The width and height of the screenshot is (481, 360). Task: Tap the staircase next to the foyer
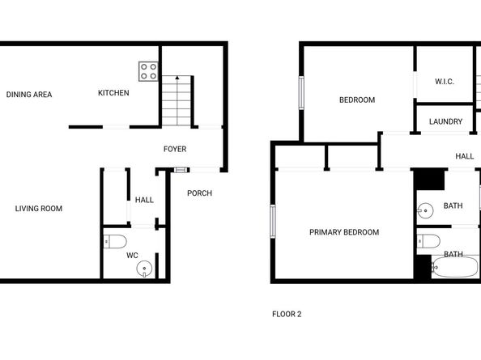[176, 101]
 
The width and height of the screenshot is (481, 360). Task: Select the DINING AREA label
[29, 95]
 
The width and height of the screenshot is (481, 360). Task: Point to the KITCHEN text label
[113, 93]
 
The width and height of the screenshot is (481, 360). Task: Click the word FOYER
[175, 150]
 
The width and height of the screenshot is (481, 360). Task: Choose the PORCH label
[199, 193]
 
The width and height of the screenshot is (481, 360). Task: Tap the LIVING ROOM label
[39, 209]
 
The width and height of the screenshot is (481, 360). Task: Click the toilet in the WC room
[115, 240]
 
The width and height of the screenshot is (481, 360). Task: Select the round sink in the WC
[145, 269]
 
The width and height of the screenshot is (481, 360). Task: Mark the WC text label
[132, 256]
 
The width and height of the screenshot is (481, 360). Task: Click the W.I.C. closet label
[444, 81]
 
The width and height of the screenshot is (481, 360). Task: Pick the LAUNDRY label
[446, 122]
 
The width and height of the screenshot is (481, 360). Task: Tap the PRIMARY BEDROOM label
[344, 232]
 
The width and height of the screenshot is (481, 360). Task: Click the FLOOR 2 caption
[287, 314]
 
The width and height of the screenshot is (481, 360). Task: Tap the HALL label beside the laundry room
[464, 156]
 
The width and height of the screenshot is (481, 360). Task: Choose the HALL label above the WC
[144, 200]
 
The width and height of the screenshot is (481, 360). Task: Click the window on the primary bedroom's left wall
[273, 222]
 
